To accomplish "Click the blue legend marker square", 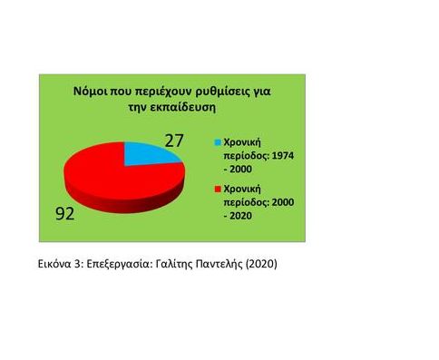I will click(218, 142).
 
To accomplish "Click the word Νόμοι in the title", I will click(92, 92).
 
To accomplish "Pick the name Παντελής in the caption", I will click(238, 265).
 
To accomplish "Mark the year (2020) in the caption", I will click(282, 265).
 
